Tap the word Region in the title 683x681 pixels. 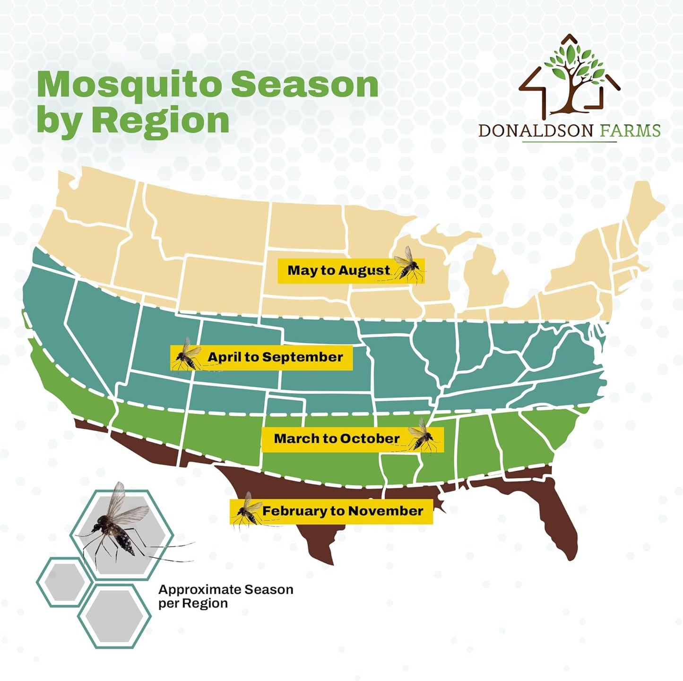[x=161, y=121]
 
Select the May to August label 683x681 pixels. [x=351, y=271]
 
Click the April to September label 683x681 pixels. [x=261, y=357]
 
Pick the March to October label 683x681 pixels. [x=352, y=439]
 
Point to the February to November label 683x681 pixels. [x=331, y=511]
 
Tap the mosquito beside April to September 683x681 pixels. [x=187, y=355]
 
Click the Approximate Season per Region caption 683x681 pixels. [x=226, y=596]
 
